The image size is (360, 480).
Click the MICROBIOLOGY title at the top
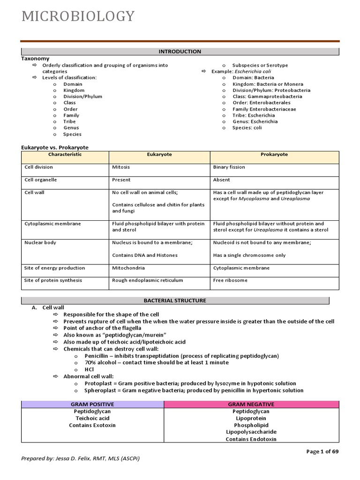click(x=78, y=16)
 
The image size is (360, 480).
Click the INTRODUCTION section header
click(x=180, y=52)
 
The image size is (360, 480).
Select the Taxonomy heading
click(x=35, y=59)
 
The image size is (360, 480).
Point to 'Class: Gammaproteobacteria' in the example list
click(x=267, y=97)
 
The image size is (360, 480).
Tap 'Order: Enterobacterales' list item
click(x=261, y=103)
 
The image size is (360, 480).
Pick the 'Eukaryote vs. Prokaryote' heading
click(x=55, y=147)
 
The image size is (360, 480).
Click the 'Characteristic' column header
click(x=65, y=155)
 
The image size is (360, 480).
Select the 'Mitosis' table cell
click(x=121, y=167)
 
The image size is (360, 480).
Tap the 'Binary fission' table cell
click(x=229, y=167)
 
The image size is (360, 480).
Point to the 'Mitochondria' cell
click(x=128, y=268)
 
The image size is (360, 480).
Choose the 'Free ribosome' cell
click(x=230, y=280)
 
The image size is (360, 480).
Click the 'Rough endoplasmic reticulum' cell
click(x=147, y=280)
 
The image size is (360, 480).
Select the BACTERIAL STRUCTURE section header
click(x=175, y=300)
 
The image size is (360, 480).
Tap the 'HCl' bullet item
click(x=89, y=369)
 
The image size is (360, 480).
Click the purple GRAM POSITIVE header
click(x=92, y=404)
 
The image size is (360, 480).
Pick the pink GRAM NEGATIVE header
click(x=251, y=404)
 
